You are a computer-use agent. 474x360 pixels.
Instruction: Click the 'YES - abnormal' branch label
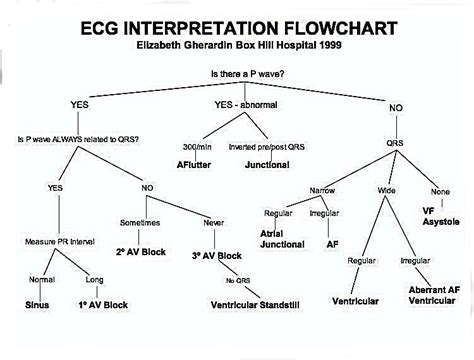244,105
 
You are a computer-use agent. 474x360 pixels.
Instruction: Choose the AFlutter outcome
197,163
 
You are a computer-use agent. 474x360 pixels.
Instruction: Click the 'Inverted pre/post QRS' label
264,148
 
